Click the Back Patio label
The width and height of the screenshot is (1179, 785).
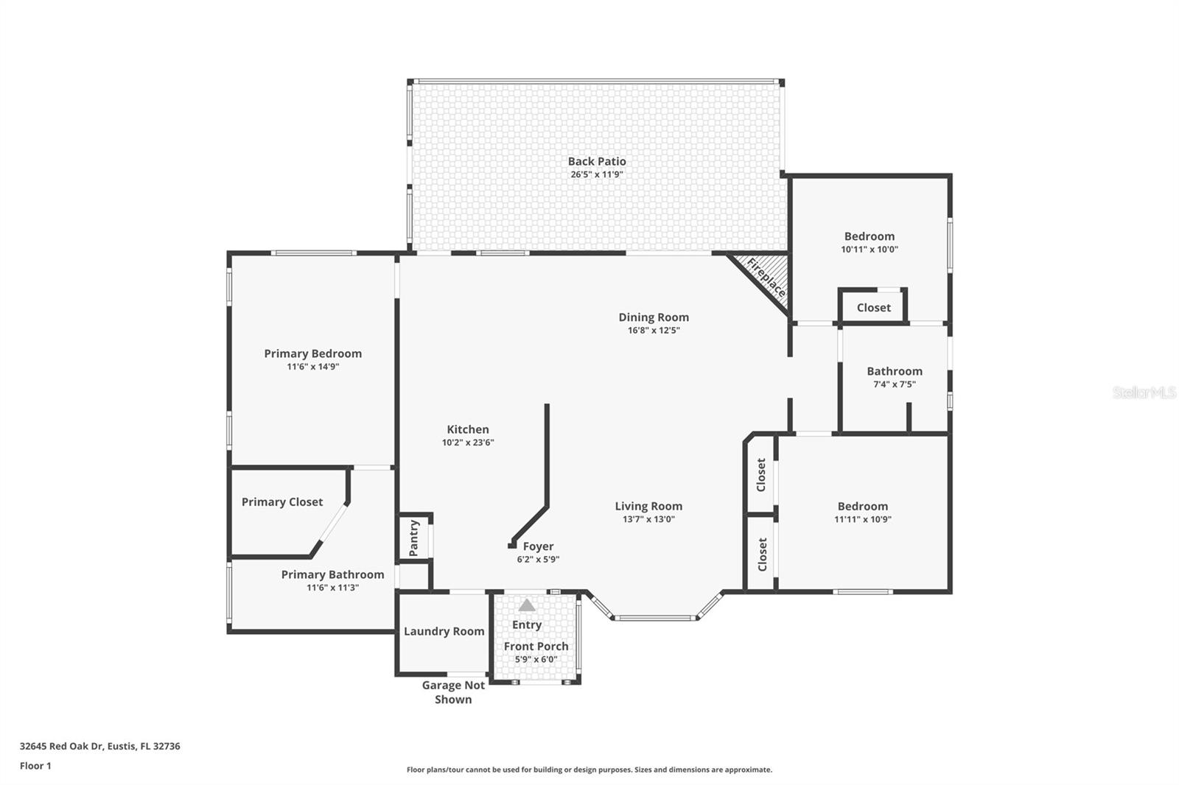(x=597, y=161)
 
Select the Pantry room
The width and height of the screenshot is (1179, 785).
(x=413, y=538)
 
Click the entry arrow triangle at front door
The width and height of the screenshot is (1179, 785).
(x=526, y=605)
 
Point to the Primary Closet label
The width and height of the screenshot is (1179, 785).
(x=282, y=502)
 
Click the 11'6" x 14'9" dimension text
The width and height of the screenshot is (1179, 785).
(x=312, y=367)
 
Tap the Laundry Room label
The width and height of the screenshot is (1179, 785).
(x=444, y=631)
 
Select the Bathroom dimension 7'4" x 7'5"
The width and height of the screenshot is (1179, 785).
(x=894, y=384)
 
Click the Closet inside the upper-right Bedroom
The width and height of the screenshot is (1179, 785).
(x=873, y=308)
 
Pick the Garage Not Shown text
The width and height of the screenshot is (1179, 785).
(x=453, y=692)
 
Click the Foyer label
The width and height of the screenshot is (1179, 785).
(x=538, y=546)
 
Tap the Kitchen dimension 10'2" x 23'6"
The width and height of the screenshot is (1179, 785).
(x=468, y=443)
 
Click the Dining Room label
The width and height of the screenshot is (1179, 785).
(x=654, y=317)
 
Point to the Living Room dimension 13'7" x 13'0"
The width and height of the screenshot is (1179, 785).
(x=648, y=519)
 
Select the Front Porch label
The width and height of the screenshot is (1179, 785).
(x=536, y=647)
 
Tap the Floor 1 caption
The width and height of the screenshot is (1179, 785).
(x=35, y=766)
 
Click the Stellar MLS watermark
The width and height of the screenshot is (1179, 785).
(x=1144, y=392)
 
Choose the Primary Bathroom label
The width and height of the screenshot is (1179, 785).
(x=332, y=574)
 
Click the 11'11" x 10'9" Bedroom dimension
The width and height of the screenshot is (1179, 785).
(x=862, y=519)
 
